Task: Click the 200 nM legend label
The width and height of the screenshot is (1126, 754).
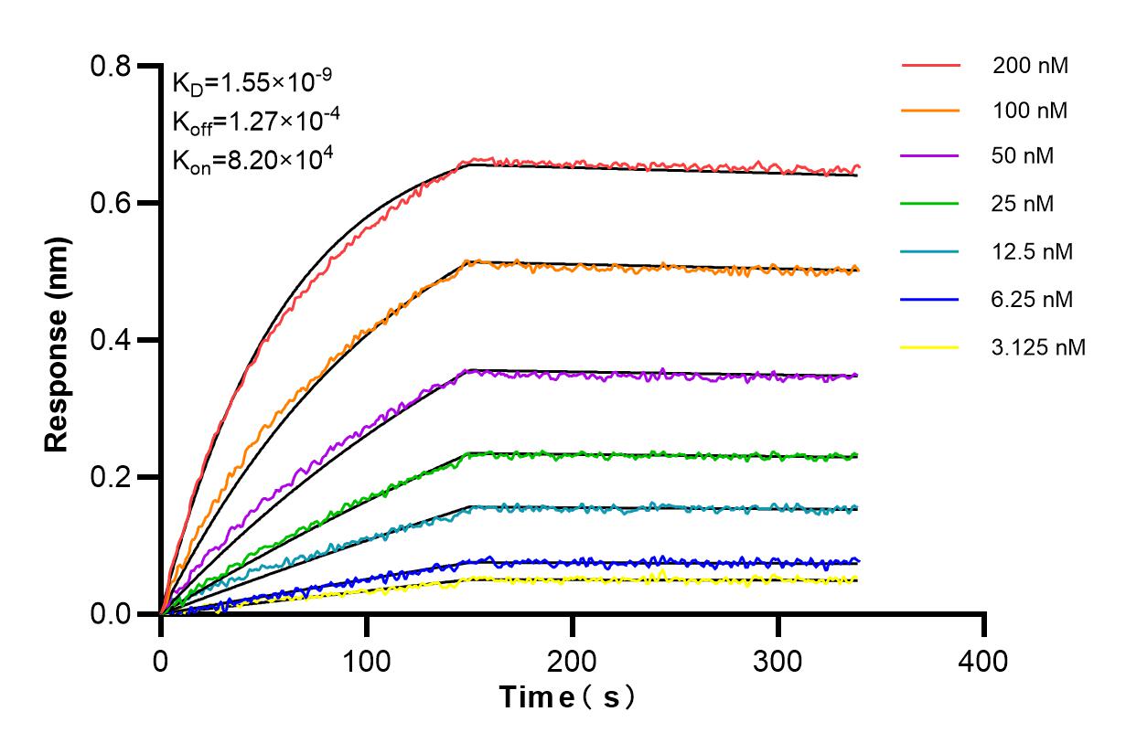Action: (x=1030, y=66)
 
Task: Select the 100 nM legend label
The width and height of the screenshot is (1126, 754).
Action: (x=1030, y=112)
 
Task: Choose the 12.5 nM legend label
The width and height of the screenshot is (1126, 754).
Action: (x=1033, y=251)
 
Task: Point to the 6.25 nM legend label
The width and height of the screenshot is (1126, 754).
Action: (x=1033, y=299)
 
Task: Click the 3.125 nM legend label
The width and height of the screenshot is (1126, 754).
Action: (x=1039, y=347)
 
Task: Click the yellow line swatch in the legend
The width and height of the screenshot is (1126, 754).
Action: (x=930, y=347)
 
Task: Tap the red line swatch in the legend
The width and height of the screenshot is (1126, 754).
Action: (x=930, y=66)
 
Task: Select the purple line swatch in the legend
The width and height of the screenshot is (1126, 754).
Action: (x=930, y=156)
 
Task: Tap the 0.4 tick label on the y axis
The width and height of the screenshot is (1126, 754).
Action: (x=112, y=340)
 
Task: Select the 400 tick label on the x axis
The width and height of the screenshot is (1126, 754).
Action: (x=984, y=660)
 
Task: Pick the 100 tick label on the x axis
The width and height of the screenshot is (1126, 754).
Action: (x=367, y=660)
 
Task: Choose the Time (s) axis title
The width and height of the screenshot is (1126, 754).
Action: (x=567, y=697)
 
